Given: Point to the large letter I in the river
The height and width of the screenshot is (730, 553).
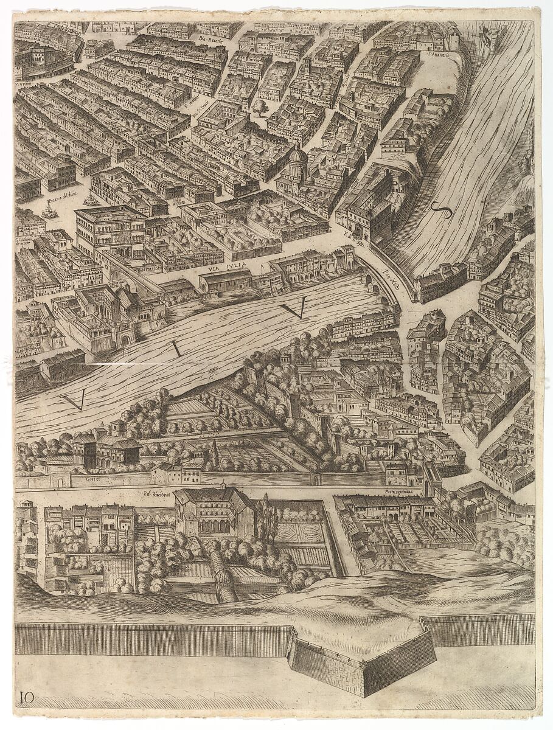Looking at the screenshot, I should [176, 348].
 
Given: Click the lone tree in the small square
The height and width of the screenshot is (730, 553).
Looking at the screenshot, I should [260, 108].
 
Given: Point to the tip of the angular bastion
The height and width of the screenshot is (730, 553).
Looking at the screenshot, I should [364, 693].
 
